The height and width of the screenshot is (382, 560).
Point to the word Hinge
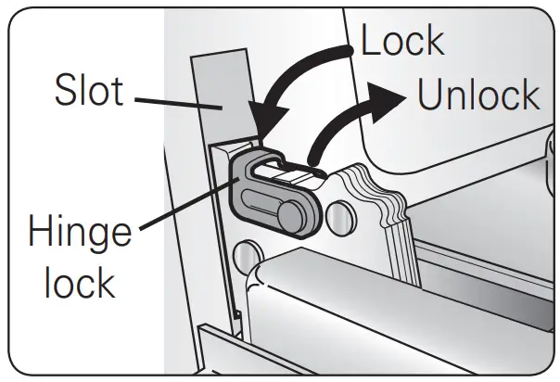(x=80, y=232)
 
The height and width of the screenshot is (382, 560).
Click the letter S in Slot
(x=61, y=91)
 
